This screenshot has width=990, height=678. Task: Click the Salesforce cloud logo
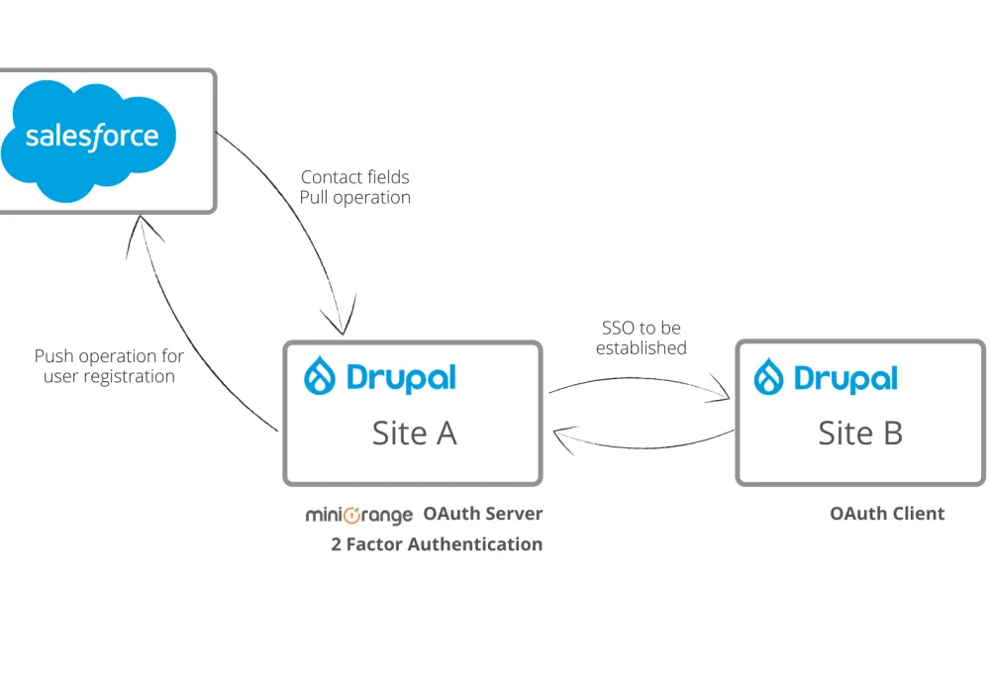click(x=88, y=141)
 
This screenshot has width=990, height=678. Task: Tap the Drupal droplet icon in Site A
click(x=320, y=376)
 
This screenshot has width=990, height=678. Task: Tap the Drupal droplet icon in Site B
click(x=768, y=377)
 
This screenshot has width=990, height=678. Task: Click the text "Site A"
click(x=414, y=434)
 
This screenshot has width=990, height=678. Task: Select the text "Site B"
click(x=860, y=434)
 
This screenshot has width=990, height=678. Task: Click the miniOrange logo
click(x=358, y=515)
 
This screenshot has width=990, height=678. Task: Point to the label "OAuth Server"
click(x=483, y=514)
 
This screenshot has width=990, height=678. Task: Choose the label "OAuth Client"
click(x=887, y=514)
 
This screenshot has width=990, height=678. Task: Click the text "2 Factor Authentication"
click(x=437, y=544)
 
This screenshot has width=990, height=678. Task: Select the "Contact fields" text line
click(x=354, y=177)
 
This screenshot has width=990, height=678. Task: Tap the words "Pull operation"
click(x=354, y=198)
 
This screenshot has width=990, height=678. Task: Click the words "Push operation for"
click(x=109, y=356)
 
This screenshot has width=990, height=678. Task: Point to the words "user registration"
click(x=109, y=376)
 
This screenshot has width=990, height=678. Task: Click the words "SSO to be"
click(x=641, y=328)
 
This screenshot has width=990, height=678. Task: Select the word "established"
click(x=641, y=347)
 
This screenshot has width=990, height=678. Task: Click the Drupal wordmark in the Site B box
click(x=845, y=378)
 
